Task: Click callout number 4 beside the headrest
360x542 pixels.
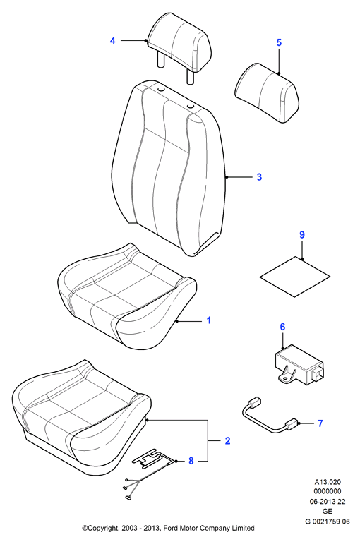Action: tap(112, 41)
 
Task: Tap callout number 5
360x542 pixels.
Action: tap(279, 42)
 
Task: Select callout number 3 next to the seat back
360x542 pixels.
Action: tap(259, 177)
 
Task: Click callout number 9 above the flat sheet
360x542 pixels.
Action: tap(302, 235)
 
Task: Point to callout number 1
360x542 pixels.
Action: tap(208, 320)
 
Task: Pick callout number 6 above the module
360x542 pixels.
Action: tap(282, 327)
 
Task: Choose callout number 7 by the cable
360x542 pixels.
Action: tap(320, 423)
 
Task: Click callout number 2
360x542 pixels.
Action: tap(227, 440)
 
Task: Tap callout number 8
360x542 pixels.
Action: tap(191, 461)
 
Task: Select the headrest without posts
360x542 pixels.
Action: tap(267, 92)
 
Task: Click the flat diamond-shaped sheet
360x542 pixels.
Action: tap(295, 277)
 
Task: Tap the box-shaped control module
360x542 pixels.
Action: tap(299, 364)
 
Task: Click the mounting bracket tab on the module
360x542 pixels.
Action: tap(287, 375)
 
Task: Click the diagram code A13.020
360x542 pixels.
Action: tap(327, 482)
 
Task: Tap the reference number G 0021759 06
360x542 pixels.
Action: tap(327, 522)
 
